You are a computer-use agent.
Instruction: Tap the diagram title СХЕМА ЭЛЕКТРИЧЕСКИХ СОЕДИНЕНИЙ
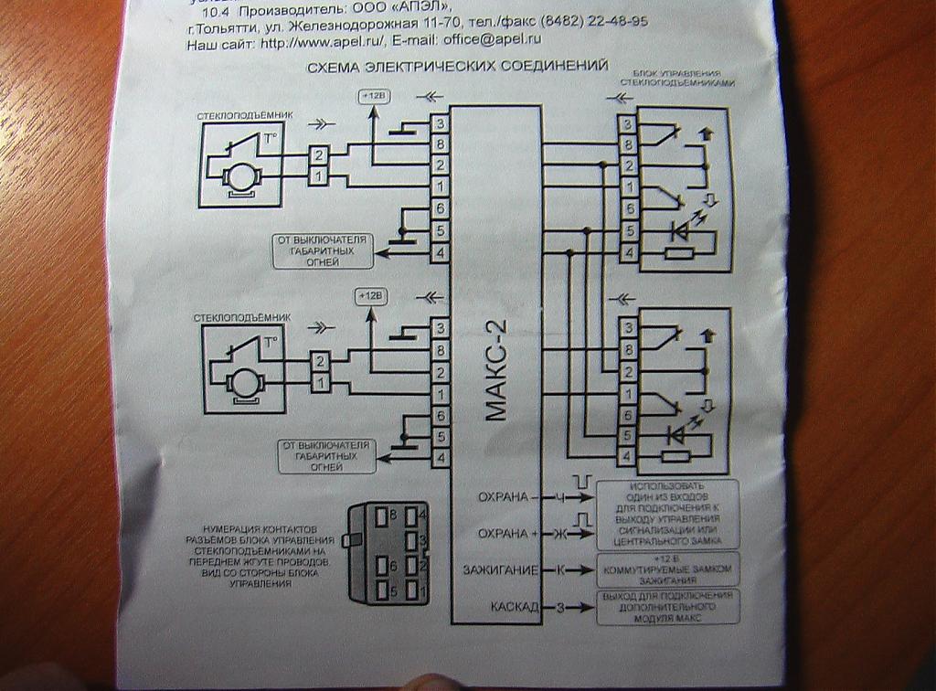(457, 67)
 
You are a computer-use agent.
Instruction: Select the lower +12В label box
(371, 297)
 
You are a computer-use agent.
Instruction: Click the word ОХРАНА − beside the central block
(504, 498)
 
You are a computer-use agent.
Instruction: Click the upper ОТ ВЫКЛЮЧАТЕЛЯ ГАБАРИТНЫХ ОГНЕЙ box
(323, 250)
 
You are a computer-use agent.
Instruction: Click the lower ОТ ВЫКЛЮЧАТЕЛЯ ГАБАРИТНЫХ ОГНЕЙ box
(327, 456)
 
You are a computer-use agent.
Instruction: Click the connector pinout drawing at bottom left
(386, 553)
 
